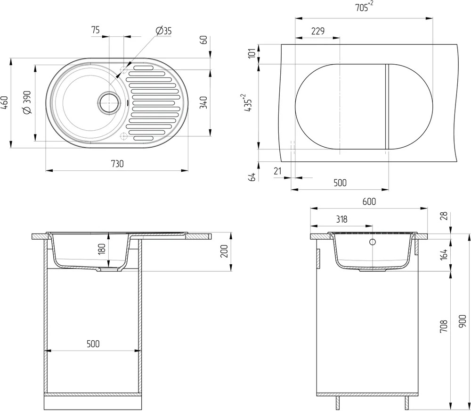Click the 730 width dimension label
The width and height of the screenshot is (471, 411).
[x=117, y=164]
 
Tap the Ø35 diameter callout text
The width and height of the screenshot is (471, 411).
[x=164, y=31]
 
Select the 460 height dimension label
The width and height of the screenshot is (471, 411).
[x=5, y=102]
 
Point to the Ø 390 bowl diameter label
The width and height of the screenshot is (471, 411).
[x=27, y=102]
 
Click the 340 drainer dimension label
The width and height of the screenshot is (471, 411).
[x=203, y=102]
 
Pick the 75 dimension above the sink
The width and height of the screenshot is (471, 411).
[x=95, y=30]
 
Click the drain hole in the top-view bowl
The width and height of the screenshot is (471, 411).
[x=109, y=102]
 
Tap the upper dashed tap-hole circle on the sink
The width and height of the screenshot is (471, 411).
[x=123, y=69]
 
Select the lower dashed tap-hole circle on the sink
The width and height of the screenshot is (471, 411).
[x=123, y=136]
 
